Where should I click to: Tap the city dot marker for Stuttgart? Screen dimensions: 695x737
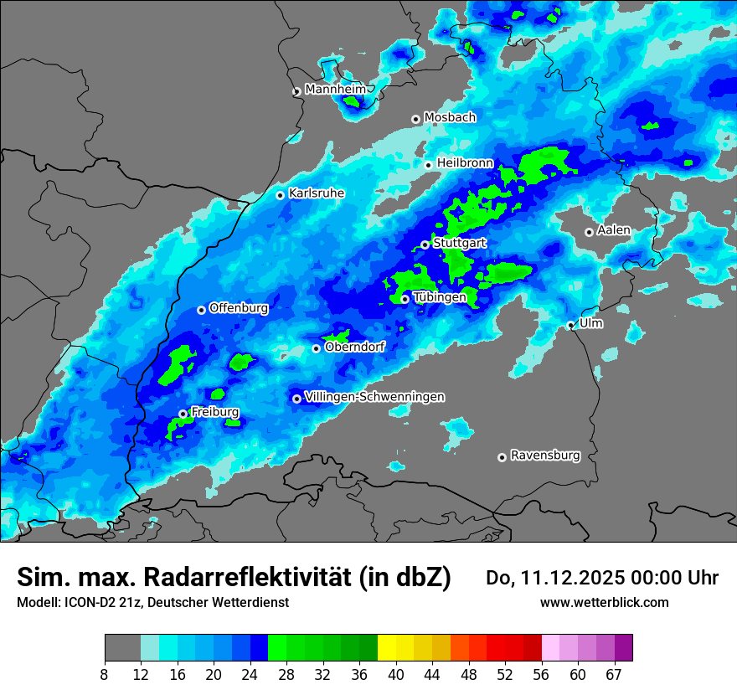point(425,245)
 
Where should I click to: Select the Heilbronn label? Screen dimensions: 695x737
point(465,162)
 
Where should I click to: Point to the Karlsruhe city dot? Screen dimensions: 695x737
point(281,195)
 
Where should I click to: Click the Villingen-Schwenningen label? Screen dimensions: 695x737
point(374,396)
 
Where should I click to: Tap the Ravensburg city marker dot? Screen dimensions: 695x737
point(502,457)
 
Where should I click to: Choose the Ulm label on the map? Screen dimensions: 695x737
point(590,322)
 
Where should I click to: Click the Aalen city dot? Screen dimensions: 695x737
point(589,232)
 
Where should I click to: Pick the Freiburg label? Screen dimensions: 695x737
point(214,412)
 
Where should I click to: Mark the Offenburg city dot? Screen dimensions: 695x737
point(201,310)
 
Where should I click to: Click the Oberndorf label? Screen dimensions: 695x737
point(354,346)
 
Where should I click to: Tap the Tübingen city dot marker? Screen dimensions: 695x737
point(405,299)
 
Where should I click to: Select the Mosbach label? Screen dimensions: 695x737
point(450,117)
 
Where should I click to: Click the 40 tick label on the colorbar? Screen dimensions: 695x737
point(396,674)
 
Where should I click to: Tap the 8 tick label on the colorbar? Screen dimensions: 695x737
point(105,674)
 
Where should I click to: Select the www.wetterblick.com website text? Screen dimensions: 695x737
point(604,602)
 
